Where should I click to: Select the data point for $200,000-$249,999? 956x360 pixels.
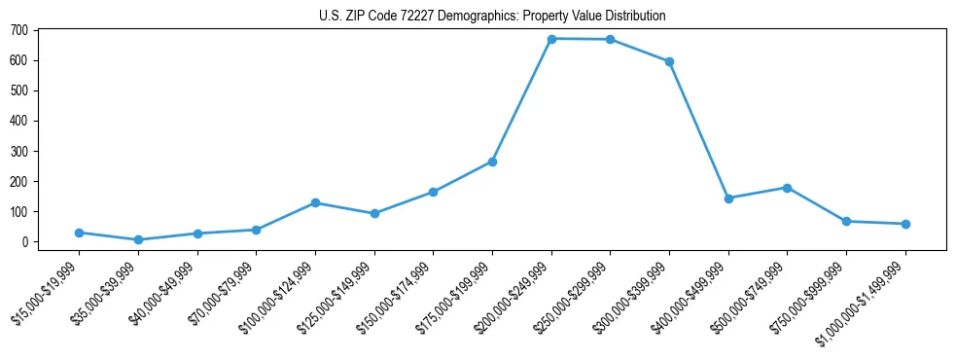pyautogui.click(x=551, y=39)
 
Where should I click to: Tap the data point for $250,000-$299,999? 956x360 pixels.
pyautogui.click(x=610, y=40)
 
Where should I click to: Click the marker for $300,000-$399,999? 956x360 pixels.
pyautogui.click(x=669, y=61)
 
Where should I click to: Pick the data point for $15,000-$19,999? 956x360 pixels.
pyautogui.click(x=79, y=233)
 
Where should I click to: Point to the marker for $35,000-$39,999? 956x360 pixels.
pyautogui.click(x=138, y=239)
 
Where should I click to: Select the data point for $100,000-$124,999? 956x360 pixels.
pyautogui.click(x=315, y=202)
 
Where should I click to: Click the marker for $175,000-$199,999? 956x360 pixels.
pyautogui.click(x=492, y=162)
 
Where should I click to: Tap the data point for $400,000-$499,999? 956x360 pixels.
pyautogui.click(x=728, y=198)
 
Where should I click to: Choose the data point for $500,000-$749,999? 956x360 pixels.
pyautogui.click(x=787, y=188)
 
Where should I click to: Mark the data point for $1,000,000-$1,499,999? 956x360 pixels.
pyautogui.click(x=905, y=224)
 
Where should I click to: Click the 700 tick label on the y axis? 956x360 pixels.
pyautogui.click(x=19, y=30)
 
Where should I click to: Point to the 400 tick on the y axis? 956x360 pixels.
pyautogui.click(x=19, y=121)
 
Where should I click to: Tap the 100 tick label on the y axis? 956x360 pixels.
pyautogui.click(x=19, y=212)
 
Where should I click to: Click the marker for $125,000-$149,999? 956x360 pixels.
pyautogui.click(x=374, y=213)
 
